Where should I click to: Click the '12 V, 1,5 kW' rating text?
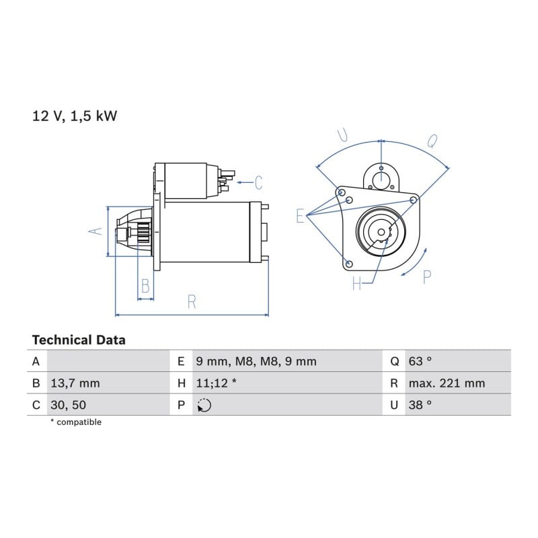pyautogui.click(x=75, y=116)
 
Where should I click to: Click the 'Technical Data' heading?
pyautogui.click(x=79, y=340)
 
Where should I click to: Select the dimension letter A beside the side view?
pyautogui.click(x=95, y=231)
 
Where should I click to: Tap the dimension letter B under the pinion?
pyautogui.click(x=145, y=285)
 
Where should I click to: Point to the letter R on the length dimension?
pyautogui.click(x=192, y=302)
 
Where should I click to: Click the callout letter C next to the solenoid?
pyautogui.click(x=258, y=182)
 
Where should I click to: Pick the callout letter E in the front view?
pyautogui.click(x=300, y=216)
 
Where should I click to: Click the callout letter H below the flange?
pyautogui.click(x=357, y=283)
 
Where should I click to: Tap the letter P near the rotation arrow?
pyautogui.click(x=427, y=277)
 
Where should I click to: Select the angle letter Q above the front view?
pyautogui.click(x=432, y=141)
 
